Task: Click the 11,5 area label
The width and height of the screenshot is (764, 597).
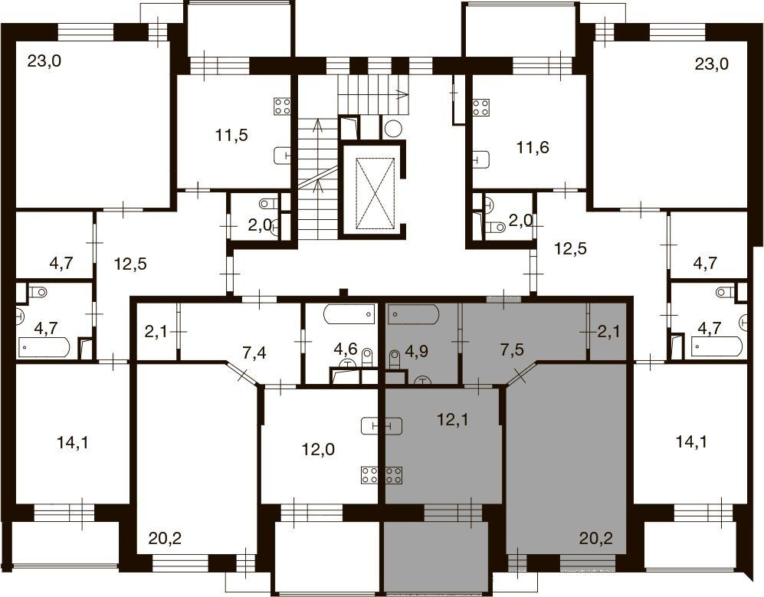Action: tap(231, 135)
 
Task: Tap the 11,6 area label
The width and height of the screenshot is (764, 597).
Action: tap(533, 146)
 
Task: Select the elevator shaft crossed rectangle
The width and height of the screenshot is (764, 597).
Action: tap(375, 193)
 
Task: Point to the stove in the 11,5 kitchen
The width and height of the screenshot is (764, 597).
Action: tap(283, 107)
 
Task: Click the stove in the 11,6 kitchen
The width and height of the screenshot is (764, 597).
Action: tap(481, 108)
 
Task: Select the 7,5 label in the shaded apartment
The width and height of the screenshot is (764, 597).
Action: tap(512, 349)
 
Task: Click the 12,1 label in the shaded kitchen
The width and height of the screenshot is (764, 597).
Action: tap(452, 419)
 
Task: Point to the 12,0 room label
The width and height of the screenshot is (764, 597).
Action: tap(318, 449)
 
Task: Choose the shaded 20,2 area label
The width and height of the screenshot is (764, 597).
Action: tap(595, 539)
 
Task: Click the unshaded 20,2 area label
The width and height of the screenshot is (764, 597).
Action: tap(166, 539)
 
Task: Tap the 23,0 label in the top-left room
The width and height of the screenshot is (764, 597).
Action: tap(44, 62)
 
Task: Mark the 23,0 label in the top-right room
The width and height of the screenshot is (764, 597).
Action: tap(711, 64)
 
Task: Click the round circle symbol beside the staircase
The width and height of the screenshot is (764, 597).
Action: tap(393, 129)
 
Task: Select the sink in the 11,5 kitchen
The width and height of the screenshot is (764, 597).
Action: tap(283, 156)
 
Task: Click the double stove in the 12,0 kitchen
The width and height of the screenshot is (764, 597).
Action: tap(382, 475)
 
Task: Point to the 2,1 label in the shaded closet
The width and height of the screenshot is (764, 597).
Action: tap(609, 332)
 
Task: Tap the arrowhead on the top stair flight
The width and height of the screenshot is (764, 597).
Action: tap(403, 94)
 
